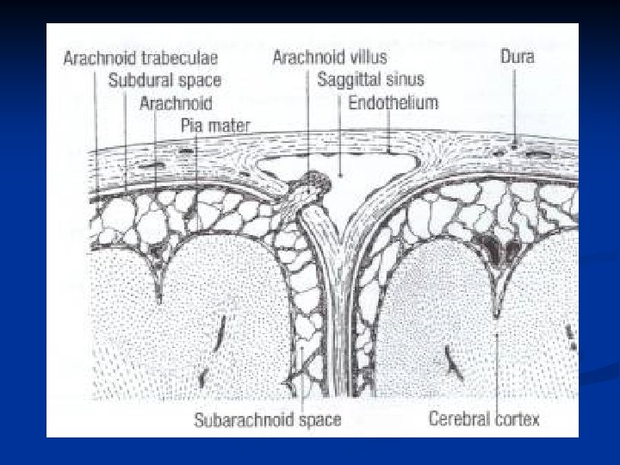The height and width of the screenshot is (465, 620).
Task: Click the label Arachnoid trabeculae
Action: pyautogui.click(x=140, y=59)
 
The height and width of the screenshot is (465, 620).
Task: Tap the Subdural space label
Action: pyautogui.click(x=164, y=81)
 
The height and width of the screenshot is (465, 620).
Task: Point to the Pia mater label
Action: pyautogui.click(x=215, y=126)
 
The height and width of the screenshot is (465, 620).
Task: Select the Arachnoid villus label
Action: pyautogui.click(x=330, y=58)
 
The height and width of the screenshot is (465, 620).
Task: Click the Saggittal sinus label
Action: pyautogui.click(x=370, y=80)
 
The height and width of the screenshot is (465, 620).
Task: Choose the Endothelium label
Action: pyautogui.click(x=393, y=102)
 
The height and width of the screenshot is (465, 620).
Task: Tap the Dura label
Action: pyautogui.click(x=518, y=58)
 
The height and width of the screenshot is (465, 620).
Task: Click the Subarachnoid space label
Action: pyautogui.click(x=267, y=420)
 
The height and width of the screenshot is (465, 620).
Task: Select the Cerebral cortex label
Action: pyautogui.click(x=484, y=420)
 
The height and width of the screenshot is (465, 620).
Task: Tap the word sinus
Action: pyautogui.click(x=406, y=80)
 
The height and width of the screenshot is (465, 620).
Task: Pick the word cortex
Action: pyautogui.click(x=515, y=420)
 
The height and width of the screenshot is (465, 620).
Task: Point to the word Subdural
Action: pyautogui.click(x=138, y=81)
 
